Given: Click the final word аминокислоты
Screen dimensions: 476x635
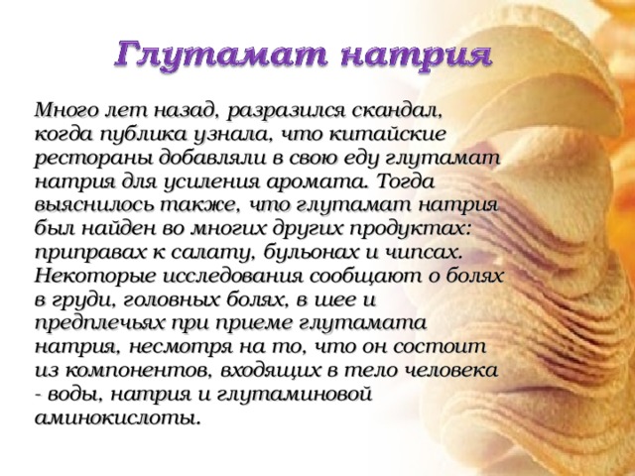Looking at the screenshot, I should tap(117, 418).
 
